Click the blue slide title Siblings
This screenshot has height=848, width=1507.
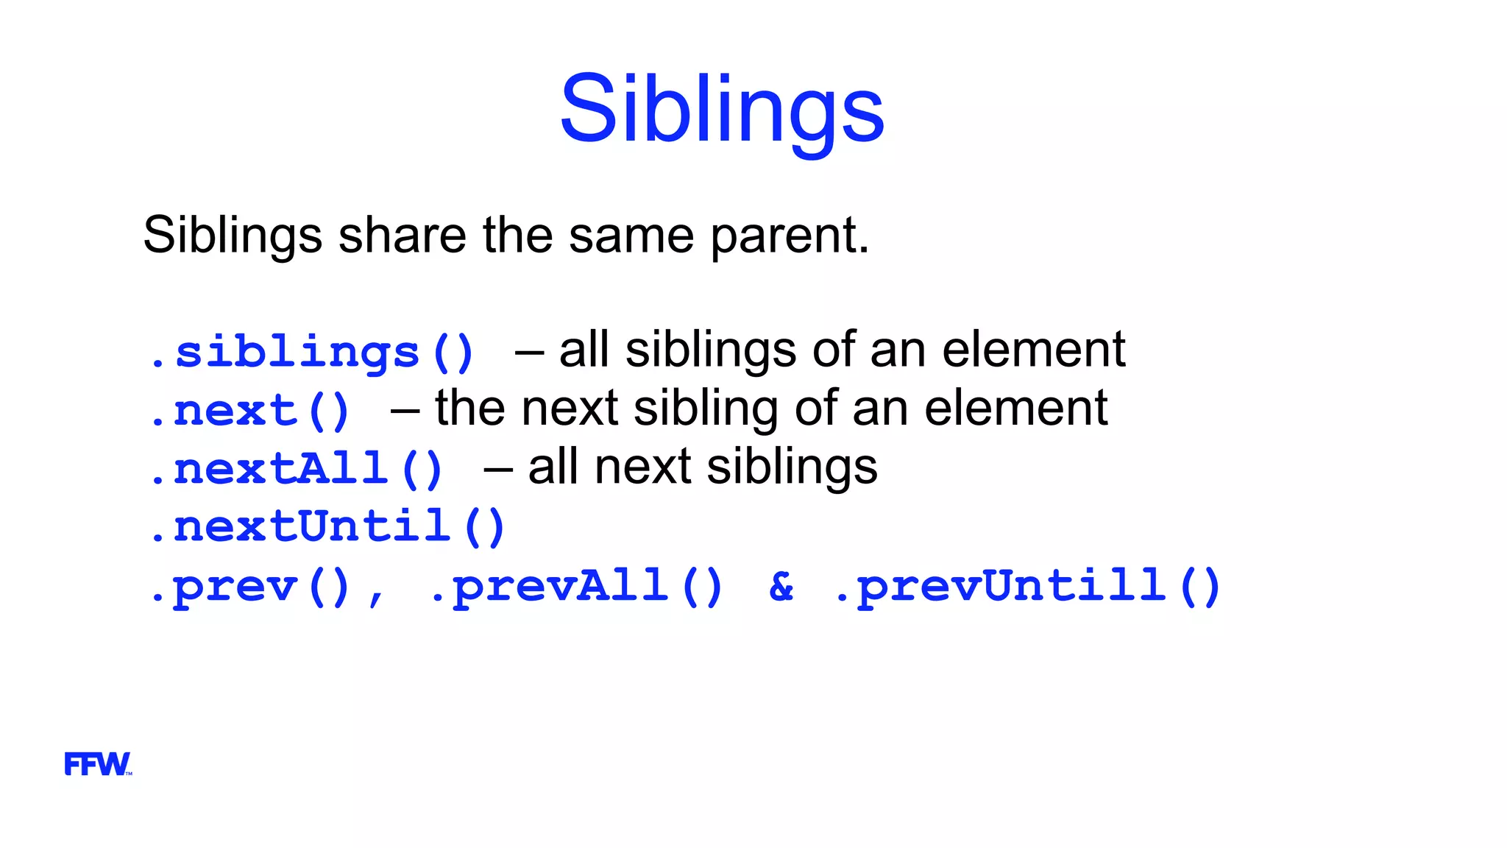tap(722, 110)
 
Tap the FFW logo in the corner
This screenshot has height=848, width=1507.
tap(97, 764)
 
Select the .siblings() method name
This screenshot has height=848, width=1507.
tap(311, 353)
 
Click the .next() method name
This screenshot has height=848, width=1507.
tap(249, 411)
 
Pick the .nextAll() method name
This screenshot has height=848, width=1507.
tap(295, 469)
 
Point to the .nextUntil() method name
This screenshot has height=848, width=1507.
tap(327, 527)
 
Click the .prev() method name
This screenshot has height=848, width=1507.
tap(249, 587)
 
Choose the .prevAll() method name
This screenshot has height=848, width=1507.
tap(576, 587)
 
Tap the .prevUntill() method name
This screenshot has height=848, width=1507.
tap(1027, 587)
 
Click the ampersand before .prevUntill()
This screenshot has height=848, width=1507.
tap(781, 587)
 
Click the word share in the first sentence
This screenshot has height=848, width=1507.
tap(402, 236)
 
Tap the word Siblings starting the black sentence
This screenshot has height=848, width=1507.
tap(233, 236)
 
